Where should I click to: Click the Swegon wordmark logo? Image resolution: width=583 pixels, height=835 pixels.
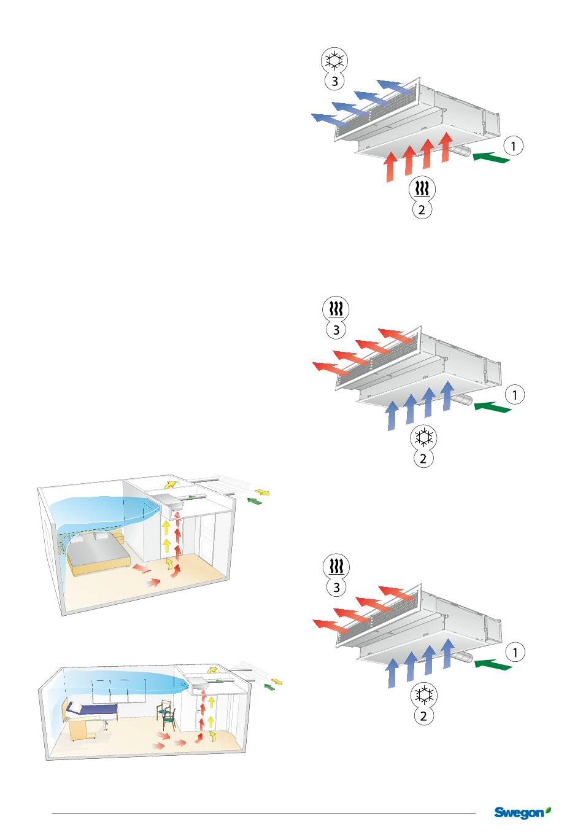point(519,813)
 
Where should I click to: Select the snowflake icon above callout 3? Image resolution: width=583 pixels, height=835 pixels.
point(334,61)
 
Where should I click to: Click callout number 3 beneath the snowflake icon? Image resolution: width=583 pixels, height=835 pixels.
point(334,81)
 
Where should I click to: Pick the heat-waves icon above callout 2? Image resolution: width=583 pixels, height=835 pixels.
point(422,188)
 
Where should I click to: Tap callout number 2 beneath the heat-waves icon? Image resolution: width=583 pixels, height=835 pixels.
point(422,209)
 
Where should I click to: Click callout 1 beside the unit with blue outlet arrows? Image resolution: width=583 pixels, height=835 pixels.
point(514,146)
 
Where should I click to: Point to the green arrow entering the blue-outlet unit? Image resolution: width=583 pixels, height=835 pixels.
point(492,158)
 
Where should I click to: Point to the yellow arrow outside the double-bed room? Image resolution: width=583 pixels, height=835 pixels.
point(263,492)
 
